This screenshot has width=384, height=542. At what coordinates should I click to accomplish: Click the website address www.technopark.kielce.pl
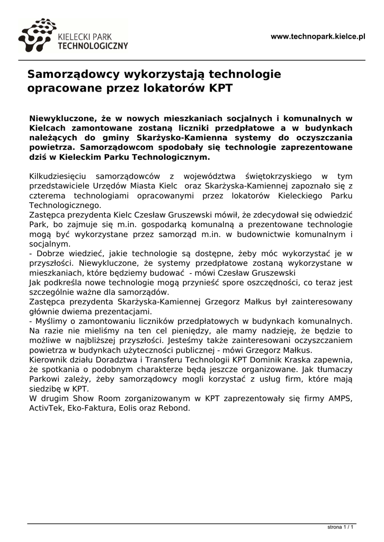click(x=318, y=37)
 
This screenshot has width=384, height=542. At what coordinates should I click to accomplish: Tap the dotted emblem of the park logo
click(x=37, y=36)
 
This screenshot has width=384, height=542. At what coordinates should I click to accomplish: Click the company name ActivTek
click(x=46, y=408)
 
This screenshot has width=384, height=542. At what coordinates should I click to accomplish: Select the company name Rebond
click(x=174, y=408)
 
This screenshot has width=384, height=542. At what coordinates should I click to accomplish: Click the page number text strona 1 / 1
click(x=341, y=528)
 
